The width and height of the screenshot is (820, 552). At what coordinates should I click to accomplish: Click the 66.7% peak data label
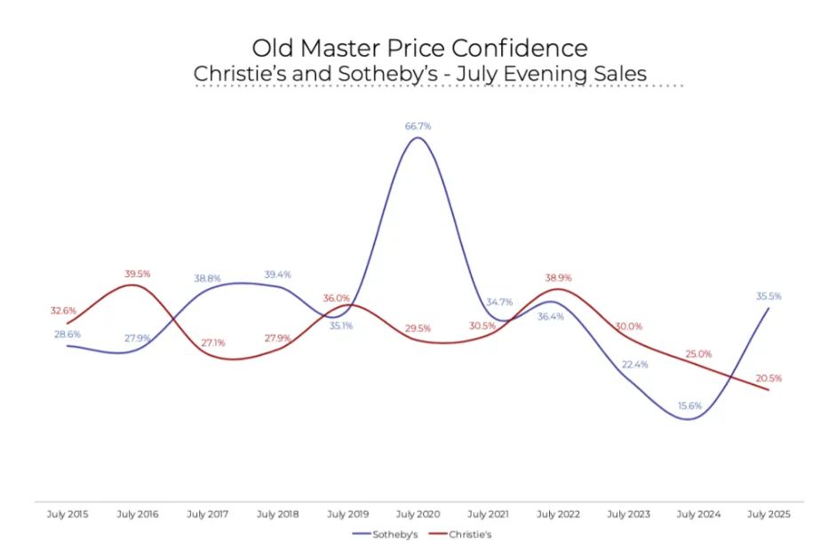pos(418,126)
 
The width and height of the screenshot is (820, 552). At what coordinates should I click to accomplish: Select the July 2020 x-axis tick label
pos(418,514)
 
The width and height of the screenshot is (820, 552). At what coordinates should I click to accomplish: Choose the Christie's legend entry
pos(467,534)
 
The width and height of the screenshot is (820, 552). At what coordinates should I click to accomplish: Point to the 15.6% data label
pos(689,406)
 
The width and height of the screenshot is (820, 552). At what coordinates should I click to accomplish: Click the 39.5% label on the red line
pos(137,273)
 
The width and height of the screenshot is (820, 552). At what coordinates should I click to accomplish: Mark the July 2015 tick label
pos(68,514)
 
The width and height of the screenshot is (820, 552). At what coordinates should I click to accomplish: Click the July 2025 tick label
pos(768,514)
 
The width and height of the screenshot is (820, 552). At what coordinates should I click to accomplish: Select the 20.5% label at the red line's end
pos(768,378)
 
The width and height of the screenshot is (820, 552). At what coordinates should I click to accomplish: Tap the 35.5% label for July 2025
pos(768,296)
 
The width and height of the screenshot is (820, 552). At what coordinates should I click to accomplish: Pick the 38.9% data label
pos(559,278)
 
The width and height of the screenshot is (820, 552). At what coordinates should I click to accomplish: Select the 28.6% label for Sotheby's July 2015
pos(67,334)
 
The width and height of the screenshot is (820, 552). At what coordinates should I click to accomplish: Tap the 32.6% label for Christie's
pos(62,311)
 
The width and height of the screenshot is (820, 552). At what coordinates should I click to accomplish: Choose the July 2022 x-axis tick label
pos(558,514)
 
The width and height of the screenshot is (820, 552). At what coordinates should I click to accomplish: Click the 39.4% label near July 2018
pos(277,274)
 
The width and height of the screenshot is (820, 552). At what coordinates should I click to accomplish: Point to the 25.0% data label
pos(698,354)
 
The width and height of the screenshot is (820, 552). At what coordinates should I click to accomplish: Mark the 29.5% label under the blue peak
pos(418,328)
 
